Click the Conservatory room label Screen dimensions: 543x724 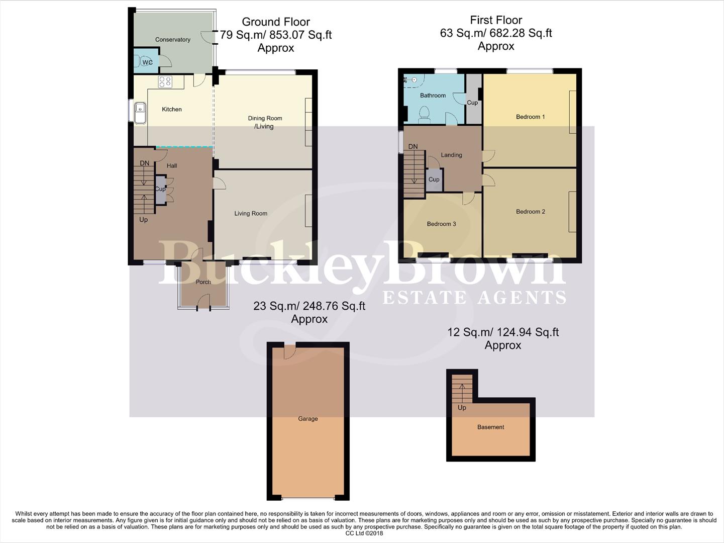172,40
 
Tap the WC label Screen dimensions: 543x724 147,62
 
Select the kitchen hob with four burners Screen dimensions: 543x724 165,81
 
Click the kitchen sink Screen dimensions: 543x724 140,111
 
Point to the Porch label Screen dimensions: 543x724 203,282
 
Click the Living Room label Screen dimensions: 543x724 251,214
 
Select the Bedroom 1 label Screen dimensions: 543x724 530,117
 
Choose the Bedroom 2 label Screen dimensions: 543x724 530,212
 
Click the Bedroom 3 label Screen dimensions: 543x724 441,224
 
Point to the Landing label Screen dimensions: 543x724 451,155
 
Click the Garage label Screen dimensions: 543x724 307,419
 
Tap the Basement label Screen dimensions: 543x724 490,427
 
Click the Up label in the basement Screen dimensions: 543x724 462,408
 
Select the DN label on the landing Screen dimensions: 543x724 412,147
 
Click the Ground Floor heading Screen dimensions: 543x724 276,22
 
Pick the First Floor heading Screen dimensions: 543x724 496,20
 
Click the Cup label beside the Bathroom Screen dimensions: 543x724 472,103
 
